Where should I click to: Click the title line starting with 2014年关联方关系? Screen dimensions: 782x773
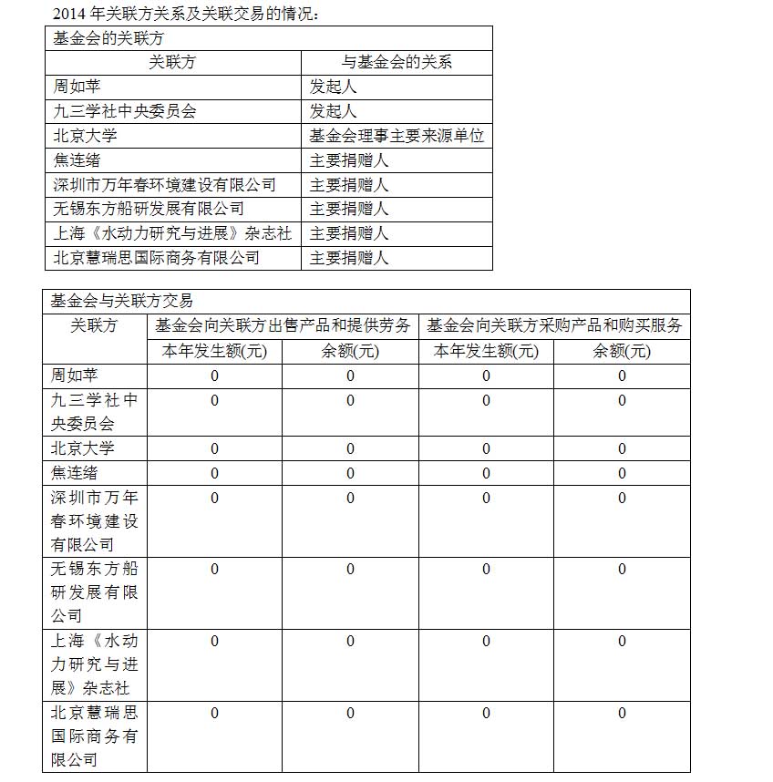186,14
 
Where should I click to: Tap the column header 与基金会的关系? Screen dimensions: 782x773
397,62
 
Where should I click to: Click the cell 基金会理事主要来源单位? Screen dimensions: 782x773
397,136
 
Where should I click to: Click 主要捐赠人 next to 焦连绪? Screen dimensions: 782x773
349,160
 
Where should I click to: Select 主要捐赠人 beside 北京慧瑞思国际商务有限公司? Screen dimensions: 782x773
349,258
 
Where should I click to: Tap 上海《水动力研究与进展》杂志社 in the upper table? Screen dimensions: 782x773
172,233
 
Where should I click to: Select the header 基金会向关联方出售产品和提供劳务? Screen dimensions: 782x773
283,325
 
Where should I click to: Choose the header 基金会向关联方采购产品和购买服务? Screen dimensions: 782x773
554,325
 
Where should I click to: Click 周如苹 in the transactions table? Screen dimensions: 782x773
76,375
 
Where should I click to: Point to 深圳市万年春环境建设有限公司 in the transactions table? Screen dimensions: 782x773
94,521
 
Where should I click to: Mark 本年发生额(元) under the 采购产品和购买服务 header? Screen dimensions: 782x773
486,351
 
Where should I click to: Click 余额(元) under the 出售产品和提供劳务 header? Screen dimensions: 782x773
350,351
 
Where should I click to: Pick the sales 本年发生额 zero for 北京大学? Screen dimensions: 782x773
214,448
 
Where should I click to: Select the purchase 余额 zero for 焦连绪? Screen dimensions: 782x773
622,473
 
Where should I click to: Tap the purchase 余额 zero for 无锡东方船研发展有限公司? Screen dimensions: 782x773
622,570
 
